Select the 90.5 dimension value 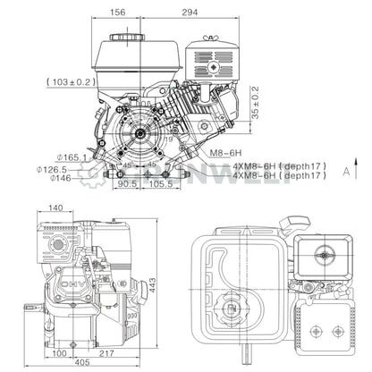click(x=129, y=184)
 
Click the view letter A click(x=345, y=173)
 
